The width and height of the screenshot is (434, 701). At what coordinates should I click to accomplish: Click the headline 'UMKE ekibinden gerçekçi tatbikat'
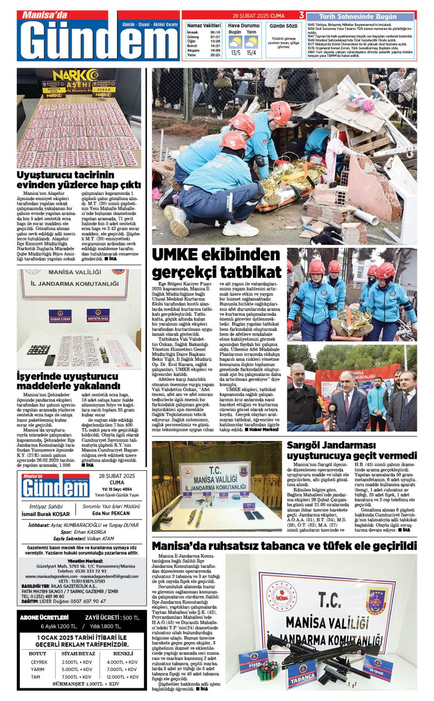217,263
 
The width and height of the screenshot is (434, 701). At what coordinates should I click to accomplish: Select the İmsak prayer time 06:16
215,33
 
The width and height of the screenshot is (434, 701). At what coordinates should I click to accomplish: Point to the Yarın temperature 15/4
251,53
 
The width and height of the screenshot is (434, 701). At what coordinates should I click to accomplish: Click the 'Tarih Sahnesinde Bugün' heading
361,16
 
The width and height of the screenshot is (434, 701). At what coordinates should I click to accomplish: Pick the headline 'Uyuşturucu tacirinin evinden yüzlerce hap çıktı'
79,180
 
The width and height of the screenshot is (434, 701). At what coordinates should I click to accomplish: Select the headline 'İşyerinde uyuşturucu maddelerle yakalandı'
68,381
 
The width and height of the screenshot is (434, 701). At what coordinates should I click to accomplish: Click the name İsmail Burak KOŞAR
46,514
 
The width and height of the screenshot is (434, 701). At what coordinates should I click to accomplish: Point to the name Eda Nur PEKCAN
111,513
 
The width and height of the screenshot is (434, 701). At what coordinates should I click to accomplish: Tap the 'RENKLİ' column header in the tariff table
123,653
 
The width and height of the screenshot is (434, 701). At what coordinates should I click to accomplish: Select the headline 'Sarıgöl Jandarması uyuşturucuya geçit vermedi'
352,451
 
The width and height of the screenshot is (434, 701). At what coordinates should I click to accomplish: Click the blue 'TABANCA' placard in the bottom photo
302,676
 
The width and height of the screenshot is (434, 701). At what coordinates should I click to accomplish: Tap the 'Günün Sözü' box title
283,26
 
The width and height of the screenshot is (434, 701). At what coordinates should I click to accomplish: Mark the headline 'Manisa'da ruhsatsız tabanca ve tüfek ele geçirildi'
284,546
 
